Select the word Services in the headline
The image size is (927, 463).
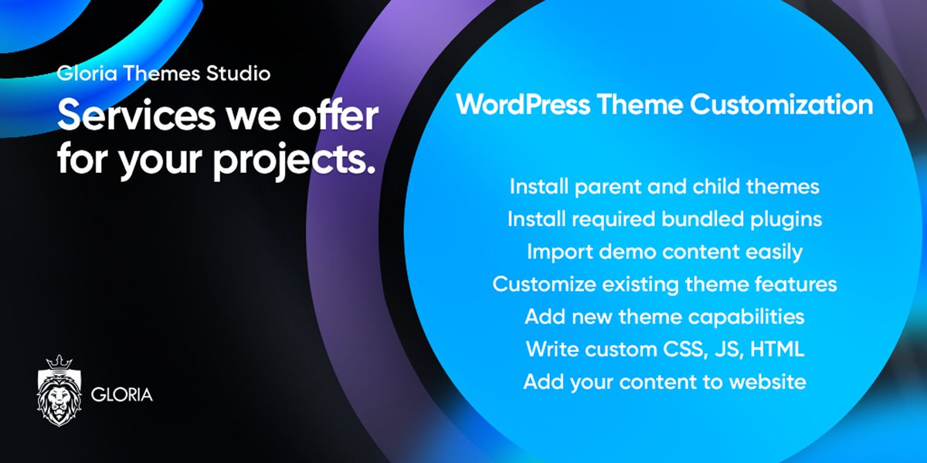coord(125,117)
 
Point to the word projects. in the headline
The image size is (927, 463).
coord(294,160)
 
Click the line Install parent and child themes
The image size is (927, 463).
coord(664,187)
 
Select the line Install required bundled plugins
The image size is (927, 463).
coord(664,219)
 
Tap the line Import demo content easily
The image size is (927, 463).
coord(664,252)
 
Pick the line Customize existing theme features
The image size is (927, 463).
coord(664,284)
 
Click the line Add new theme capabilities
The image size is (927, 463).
coord(664,316)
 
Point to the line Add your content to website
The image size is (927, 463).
coord(664,381)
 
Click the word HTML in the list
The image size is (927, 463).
coord(778,349)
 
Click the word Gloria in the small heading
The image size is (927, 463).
coord(83,75)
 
